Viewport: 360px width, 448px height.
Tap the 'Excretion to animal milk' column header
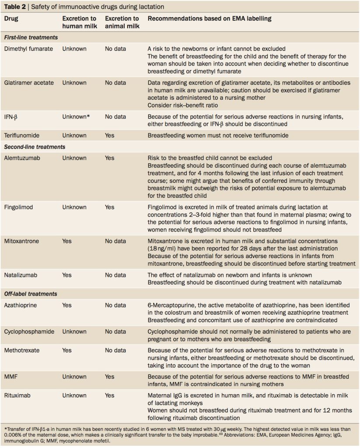122,23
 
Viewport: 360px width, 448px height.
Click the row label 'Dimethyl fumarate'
29,49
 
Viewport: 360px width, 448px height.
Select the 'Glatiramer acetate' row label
29,82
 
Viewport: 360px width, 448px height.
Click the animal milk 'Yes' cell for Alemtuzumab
110,158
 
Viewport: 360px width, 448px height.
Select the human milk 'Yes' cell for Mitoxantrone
67,241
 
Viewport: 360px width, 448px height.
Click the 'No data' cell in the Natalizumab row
115,275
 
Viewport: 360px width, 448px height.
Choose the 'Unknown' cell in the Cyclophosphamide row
74,332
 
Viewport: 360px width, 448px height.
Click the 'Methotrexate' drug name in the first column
23,350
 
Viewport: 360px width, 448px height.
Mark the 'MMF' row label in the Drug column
11,377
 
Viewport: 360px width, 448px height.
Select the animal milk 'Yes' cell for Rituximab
110,395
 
